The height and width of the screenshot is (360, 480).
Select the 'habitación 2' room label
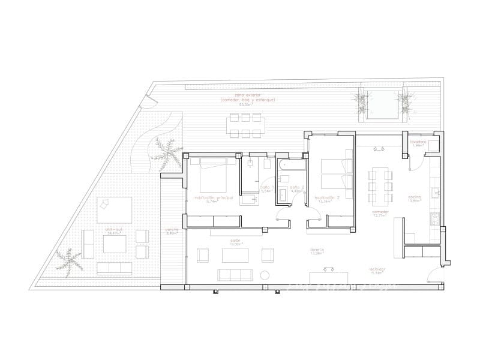click(327, 197)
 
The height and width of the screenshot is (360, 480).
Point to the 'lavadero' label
click(418, 142)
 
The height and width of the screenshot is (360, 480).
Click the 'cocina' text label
click(414, 197)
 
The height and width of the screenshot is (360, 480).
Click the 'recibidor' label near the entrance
click(376, 269)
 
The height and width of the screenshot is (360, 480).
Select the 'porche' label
click(172, 230)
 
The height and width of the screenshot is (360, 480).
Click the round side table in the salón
click(264, 275)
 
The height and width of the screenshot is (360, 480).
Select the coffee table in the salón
click(235, 256)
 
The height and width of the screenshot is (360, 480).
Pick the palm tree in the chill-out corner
click(67, 260)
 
